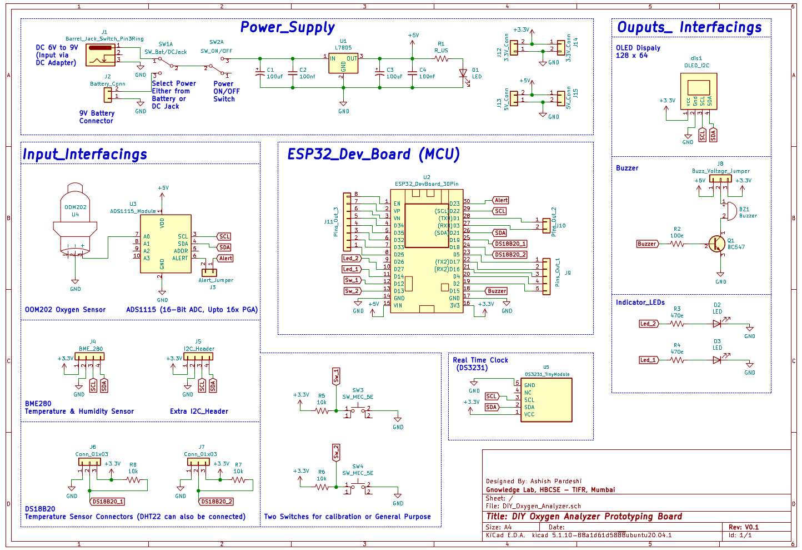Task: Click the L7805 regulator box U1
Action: coord(343,63)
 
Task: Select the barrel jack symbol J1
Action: coord(101,54)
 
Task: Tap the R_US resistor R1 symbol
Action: coord(441,58)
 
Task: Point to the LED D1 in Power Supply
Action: coord(463,73)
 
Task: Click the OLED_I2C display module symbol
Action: coord(698,91)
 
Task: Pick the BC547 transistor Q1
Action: coord(716,244)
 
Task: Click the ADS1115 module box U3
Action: coord(166,244)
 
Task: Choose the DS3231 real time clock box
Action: coord(546,400)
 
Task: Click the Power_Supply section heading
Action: coord(287,27)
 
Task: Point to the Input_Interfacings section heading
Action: coord(85,154)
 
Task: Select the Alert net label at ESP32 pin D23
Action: coord(500,200)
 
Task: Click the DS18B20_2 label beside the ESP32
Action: coord(510,254)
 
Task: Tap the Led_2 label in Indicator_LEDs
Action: coord(648,323)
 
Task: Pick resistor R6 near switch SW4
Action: coord(322,487)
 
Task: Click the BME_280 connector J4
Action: coord(90,356)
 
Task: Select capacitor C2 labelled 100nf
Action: coord(293,72)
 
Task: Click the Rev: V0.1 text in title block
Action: coord(743,527)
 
